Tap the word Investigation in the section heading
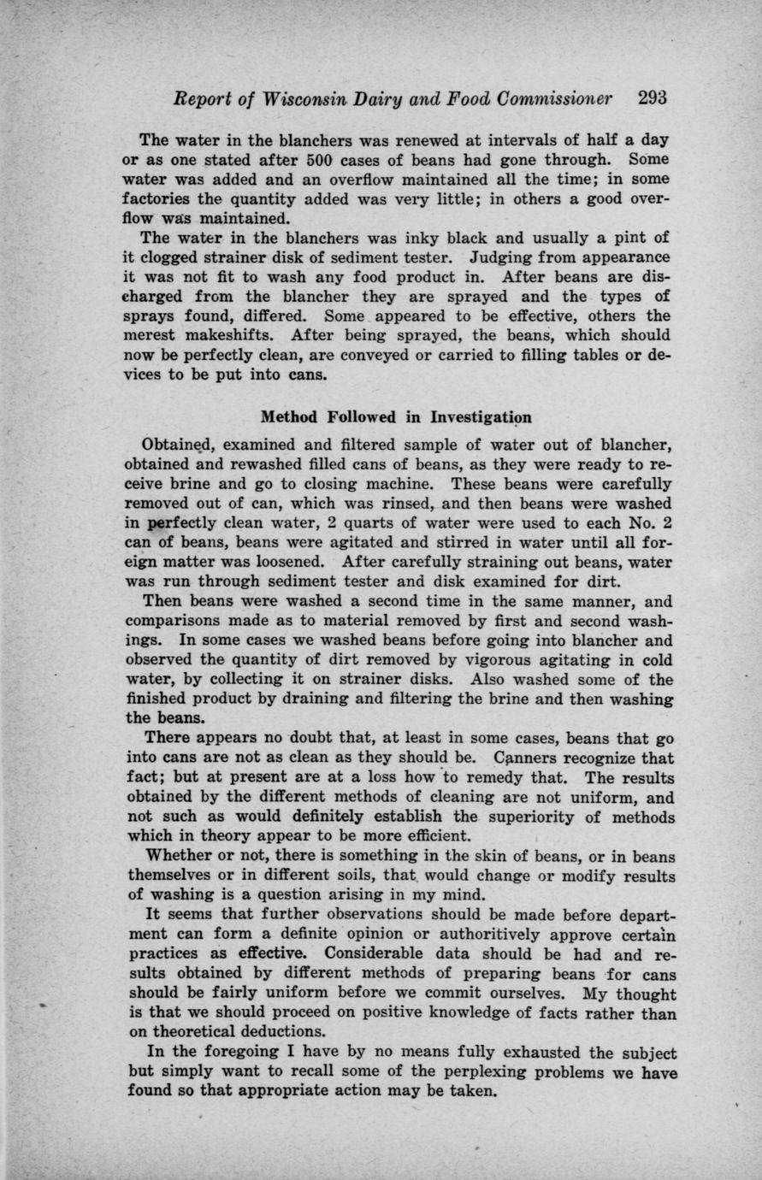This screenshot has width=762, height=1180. (480, 417)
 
